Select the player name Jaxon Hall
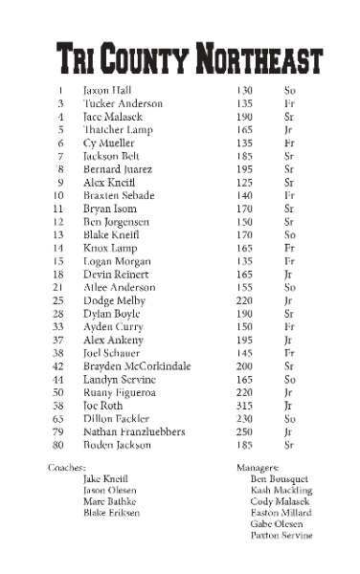click(107, 89)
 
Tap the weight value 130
click(243, 89)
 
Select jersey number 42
click(58, 364)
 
